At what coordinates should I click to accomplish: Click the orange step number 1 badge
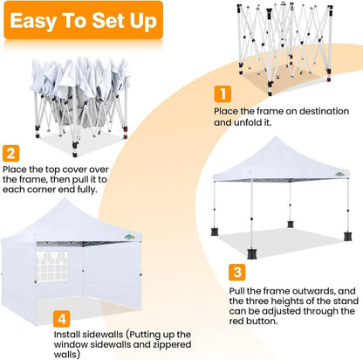tap(223, 93)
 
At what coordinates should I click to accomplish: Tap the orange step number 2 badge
tap(11, 153)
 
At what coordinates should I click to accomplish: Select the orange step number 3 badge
tap(237, 273)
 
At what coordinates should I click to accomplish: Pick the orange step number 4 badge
tap(62, 319)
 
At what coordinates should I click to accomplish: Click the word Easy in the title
tap(33, 21)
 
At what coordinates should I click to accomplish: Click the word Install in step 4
tap(67, 335)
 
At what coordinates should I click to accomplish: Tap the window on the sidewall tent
tap(51, 267)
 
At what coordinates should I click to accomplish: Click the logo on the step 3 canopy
tap(339, 174)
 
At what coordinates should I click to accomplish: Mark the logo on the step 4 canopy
tap(130, 237)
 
